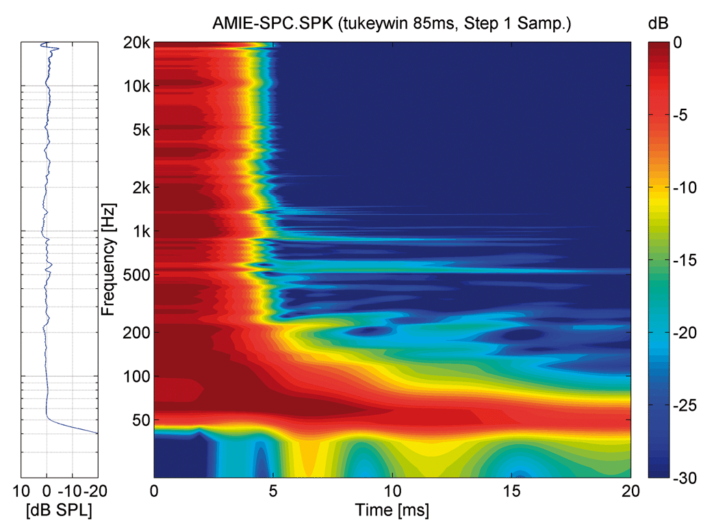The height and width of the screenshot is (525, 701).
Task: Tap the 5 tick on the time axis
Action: coord(273,490)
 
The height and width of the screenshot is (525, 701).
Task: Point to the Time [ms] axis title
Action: coord(392,509)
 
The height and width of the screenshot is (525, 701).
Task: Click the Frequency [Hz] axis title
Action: coord(108,259)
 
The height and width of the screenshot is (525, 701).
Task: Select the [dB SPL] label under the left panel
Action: coord(59,509)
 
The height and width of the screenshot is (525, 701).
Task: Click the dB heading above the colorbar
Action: coord(657,23)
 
